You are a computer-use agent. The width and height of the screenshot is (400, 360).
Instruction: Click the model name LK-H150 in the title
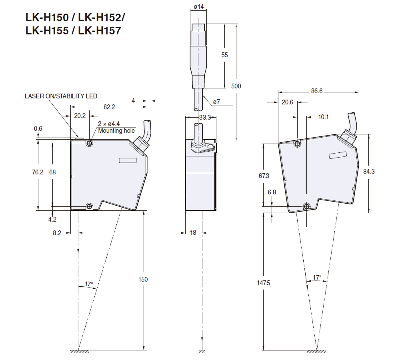[x=41, y=18]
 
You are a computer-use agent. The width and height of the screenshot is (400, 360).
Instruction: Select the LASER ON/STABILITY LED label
[x=61, y=96]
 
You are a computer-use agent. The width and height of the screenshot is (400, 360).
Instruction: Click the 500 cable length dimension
[x=236, y=86]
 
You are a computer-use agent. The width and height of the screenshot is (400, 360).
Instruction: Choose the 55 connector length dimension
[x=224, y=55]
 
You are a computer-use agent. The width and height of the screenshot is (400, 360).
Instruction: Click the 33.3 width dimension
[x=205, y=118]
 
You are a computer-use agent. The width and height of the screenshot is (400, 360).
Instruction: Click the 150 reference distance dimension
[x=143, y=279]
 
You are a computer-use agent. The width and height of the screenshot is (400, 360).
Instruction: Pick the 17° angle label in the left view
[x=89, y=284]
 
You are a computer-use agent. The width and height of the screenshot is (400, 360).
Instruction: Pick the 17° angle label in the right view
[x=317, y=277]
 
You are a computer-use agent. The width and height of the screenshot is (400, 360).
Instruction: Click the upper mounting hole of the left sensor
[x=89, y=143]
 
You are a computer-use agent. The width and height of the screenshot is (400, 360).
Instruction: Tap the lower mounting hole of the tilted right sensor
[x=306, y=206]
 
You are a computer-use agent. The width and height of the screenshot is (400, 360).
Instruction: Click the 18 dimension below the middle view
[x=193, y=232]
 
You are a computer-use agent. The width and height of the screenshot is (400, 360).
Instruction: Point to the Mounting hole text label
[x=116, y=131]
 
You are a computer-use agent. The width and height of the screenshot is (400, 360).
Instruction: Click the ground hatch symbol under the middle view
[x=202, y=351]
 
